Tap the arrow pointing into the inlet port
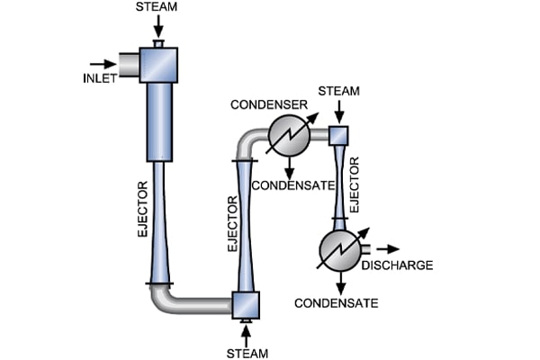104,64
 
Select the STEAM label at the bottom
246,352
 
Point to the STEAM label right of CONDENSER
339,92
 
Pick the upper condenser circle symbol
289,138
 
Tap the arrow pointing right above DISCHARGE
389,247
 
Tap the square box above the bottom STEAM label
246,305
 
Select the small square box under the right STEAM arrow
338,135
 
